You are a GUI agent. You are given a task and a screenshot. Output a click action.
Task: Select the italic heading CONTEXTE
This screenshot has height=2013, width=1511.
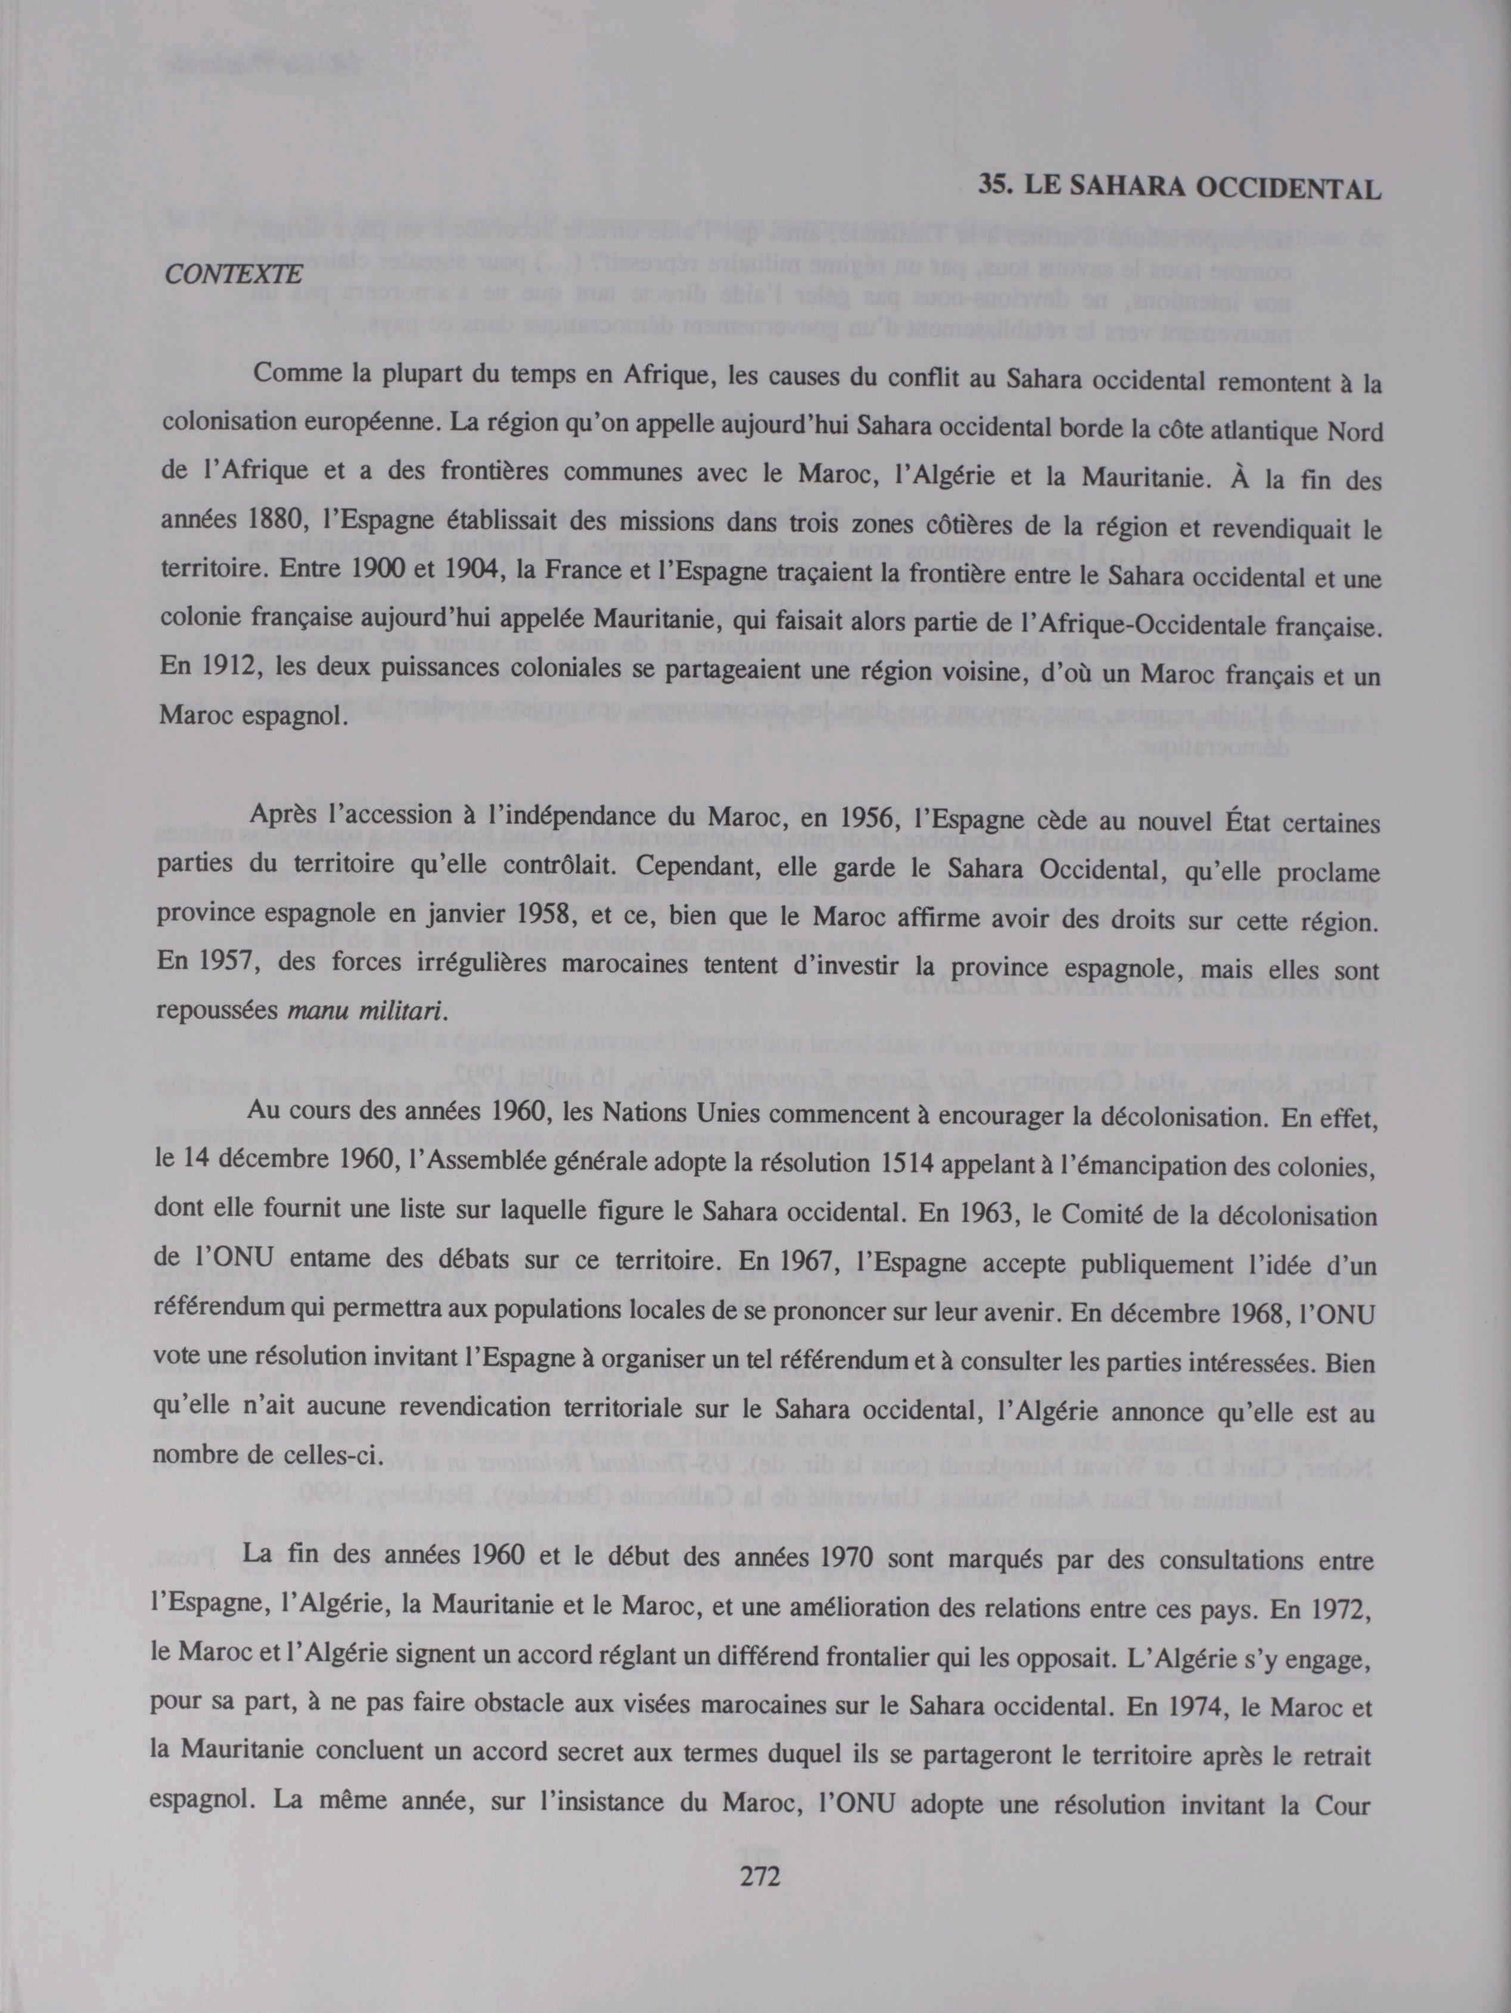(x=232, y=272)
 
